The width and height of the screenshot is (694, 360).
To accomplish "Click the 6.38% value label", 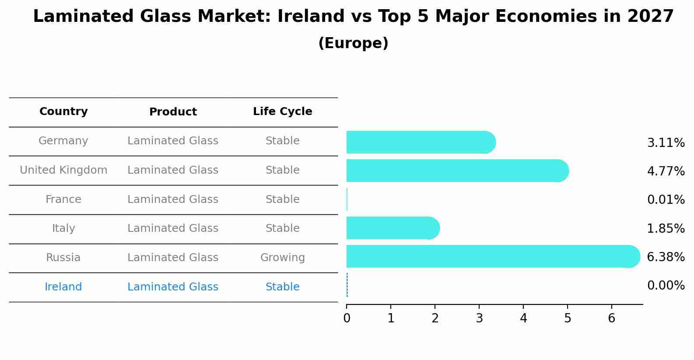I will [x=666, y=257].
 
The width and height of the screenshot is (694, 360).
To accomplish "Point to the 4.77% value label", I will [x=666, y=171].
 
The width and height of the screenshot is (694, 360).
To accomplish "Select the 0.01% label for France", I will [x=666, y=200].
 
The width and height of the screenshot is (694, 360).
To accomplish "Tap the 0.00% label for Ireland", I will [x=666, y=286].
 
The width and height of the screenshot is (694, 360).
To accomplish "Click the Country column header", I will [x=63, y=112].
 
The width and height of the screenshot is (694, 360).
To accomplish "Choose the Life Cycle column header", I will [x=282, y=112].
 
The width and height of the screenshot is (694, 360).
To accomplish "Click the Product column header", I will [x=173, y=112].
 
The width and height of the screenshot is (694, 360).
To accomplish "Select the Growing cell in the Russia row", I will [x=282, y=258].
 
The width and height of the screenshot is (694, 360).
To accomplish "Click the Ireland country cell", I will [x=63, y=287].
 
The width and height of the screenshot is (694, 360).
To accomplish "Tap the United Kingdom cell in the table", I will [x=63, y=170].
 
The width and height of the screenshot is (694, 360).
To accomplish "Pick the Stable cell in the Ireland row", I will [x=282, y=287].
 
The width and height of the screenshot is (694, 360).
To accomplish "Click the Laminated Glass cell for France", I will [x=173, y=199].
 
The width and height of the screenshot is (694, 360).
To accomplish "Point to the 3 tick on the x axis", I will [x=479, y=318].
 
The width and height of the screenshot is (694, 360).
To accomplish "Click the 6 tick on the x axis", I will [x=611, y=318].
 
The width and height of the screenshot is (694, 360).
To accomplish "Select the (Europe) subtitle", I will [x=353, y=43].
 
